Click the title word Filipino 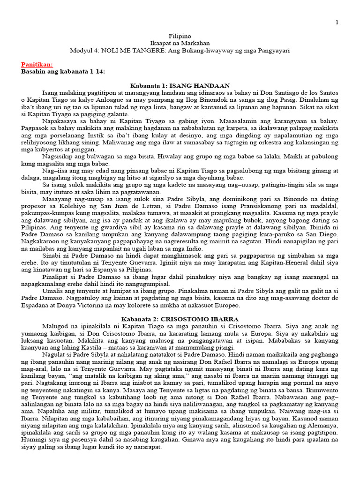[180, 36]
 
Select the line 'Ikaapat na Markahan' [180, 43]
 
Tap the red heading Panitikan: [37, 64]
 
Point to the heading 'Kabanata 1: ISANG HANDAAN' [180, 85]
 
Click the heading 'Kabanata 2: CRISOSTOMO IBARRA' [180, 319]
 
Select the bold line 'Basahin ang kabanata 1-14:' [63, 71]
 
